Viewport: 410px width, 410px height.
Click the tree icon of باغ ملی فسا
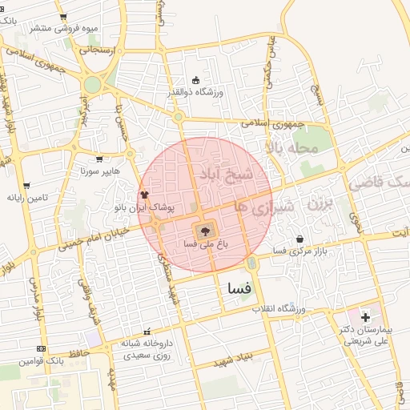(x=198, y=228)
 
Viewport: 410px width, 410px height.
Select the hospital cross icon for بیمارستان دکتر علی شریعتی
(x=365, y=317)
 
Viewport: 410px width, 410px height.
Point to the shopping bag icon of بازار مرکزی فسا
(x=299, y=238)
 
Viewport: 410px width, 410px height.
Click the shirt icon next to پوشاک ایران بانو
(x=145, y=195)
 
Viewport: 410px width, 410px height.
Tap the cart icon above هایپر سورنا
(x=99, y=159)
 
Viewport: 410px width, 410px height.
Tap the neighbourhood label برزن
(x=319, y=204)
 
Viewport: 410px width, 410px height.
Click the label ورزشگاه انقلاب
(x=280, y=308)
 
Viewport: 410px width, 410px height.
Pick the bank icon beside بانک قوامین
(x=41, y=348)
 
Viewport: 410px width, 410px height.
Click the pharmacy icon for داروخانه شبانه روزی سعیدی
(x=146, y=332)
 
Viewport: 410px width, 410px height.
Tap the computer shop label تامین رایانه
(x=28, y=197)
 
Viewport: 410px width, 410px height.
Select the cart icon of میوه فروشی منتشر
(x=63, y=16)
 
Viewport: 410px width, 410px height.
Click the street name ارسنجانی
(x=97, y=50)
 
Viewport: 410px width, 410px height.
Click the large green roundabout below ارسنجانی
(x=93, y=84)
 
